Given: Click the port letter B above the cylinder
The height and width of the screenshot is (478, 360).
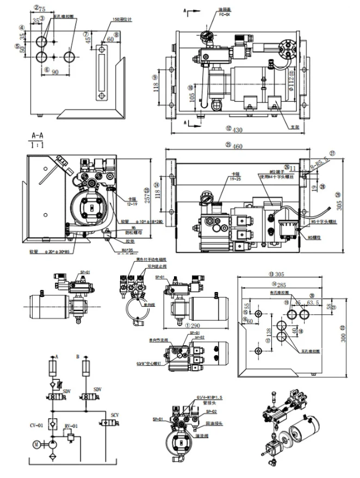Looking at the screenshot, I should (79, 357).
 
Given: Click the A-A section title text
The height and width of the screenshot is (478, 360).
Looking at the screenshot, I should (38, 134).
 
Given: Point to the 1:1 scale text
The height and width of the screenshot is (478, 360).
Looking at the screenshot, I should (38, 145).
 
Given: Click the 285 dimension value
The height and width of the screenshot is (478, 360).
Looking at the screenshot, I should (283, 285).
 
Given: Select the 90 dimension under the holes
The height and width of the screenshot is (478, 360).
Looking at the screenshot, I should (55, 73).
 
